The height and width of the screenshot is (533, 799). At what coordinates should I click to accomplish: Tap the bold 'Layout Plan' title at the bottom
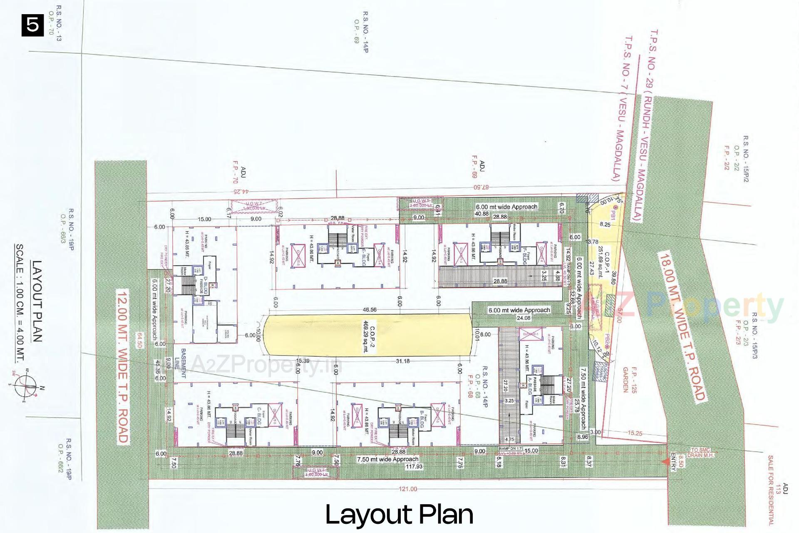[399, 514]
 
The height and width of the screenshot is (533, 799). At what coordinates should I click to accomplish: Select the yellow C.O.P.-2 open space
[368, 335]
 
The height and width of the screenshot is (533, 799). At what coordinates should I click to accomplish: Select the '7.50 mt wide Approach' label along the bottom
[387, 459]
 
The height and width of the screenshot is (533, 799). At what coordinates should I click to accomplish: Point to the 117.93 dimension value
[414, 467]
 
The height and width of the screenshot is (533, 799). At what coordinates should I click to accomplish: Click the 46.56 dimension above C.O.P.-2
[370, 310]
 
